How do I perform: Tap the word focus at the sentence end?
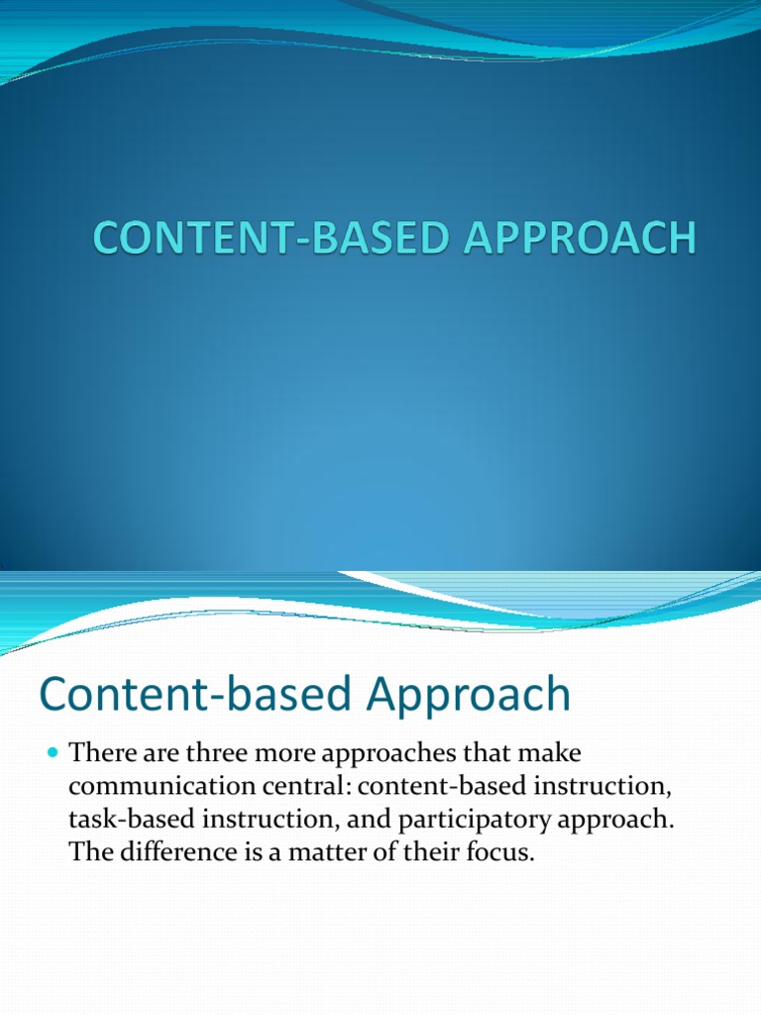pos(502,853)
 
